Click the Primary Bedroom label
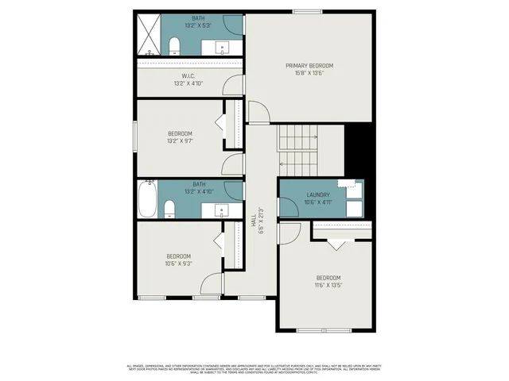point(309,65)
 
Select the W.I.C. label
point(189,76)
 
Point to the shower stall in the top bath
point(149,36)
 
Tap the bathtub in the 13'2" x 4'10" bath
point(147,199)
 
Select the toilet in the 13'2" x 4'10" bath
point(169,210)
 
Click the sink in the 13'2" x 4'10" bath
point(221,210)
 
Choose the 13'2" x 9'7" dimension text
point(180,140)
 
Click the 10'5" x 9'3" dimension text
point(179,264)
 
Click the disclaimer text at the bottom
point(254,368)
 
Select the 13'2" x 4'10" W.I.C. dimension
point(189,83)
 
